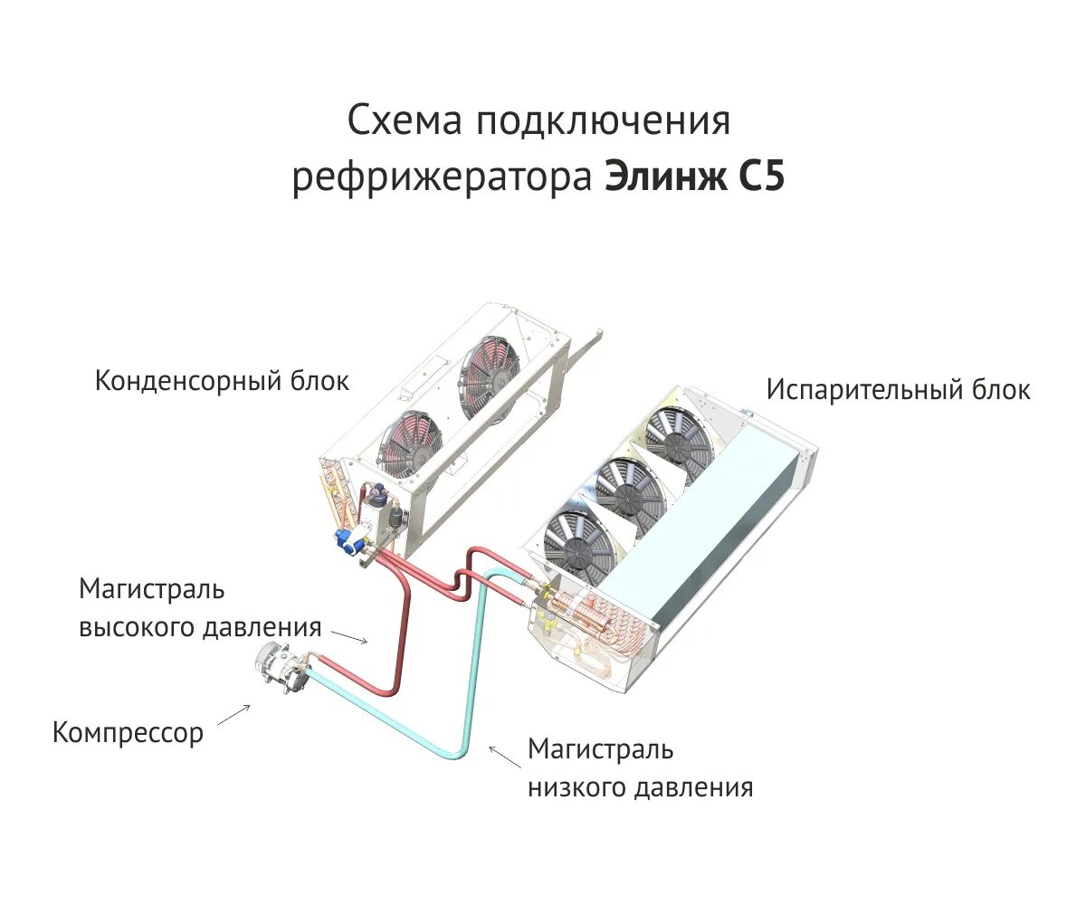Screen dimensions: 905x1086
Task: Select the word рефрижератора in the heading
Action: (x=441, y=179)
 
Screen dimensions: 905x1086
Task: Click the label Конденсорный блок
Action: (x=222, y=381)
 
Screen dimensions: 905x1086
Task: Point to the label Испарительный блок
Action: (x=898, y=390)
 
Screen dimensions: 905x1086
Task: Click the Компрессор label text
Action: (x=129, y=732)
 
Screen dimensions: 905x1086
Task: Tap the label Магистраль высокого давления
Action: (x=199, y=608)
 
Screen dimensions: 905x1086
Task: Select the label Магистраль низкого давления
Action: (x=640, y=768)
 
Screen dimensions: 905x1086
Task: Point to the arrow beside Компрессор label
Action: (x=233, y=714)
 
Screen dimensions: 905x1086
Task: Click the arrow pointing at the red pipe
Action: (x=352, y=637)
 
